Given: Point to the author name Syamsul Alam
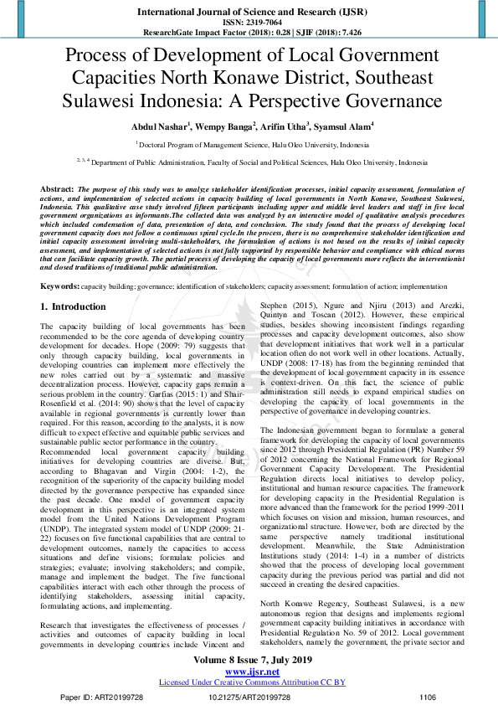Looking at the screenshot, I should (344, 126).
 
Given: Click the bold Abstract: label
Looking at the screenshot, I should (58, 189).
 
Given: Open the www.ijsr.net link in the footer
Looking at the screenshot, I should (252, 672).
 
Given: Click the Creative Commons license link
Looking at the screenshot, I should (252, 682).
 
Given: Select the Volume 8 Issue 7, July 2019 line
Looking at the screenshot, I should (252, 661).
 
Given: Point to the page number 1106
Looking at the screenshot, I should (428, 697).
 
